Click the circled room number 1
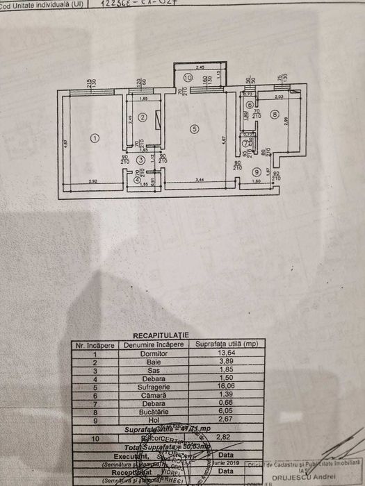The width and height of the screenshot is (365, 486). tap(95, 138)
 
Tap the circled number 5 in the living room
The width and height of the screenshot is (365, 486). tap(195, 128)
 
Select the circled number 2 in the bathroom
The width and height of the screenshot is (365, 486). tap(141, 117)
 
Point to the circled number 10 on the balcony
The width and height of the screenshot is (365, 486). tap(188, 78)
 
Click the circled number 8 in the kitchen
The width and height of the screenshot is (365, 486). tap(275, 115)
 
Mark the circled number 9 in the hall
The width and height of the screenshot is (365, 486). tap(257, 171)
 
